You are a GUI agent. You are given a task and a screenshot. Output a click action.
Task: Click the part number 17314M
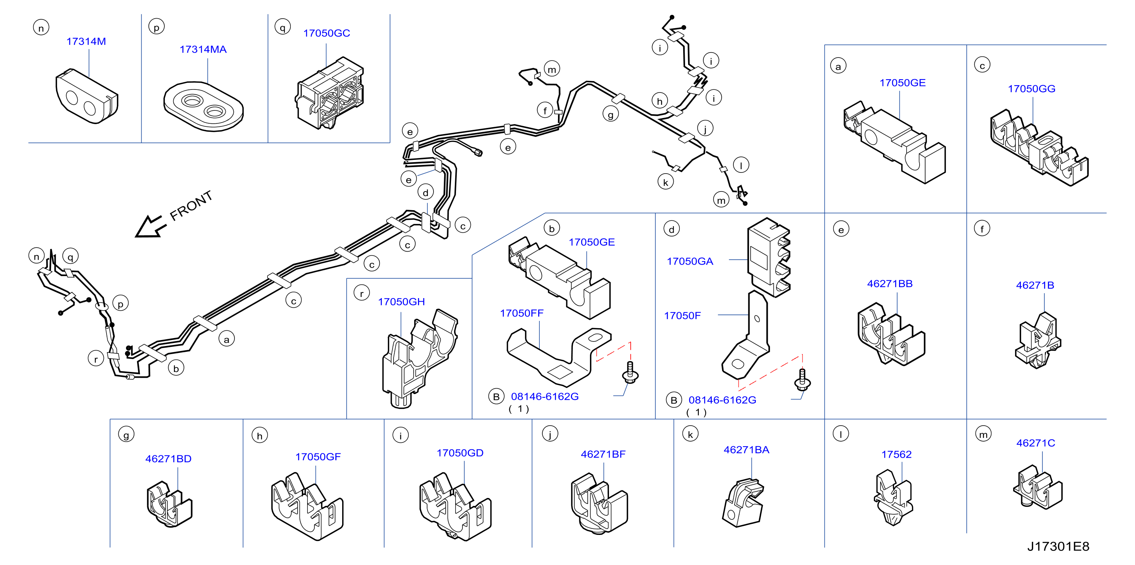[x=86, y=41]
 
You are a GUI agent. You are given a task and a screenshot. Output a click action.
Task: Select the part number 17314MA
[x=203, y=49]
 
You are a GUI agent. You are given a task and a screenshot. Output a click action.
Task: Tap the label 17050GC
[x=327, y=33]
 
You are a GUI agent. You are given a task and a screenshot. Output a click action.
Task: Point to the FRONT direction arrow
[x=151, y=227]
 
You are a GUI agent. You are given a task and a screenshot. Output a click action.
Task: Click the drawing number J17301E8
[x=1058, y=546]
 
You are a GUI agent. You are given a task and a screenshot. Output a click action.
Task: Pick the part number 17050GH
[x=402, y=302]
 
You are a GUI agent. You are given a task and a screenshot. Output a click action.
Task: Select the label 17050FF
[x=522, y=313]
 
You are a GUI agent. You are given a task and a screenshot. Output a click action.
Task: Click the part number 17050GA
[x=690, y=261]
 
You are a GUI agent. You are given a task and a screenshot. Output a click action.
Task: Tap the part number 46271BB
[x=890, y=284]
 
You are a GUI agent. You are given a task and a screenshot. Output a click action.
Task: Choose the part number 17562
[x=897, y=454]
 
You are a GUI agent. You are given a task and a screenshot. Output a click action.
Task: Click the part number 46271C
[x=1036, y=443]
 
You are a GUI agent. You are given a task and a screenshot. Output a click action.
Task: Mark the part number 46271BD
[x=168, y=459]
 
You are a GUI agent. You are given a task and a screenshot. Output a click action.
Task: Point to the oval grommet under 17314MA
[x=204, y=106]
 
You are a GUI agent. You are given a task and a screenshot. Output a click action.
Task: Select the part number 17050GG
[x=1032, y=89]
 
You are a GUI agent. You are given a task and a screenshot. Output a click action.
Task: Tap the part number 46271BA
[x=746, y=450]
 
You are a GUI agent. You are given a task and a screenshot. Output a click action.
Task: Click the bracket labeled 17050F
[x=746, y=335]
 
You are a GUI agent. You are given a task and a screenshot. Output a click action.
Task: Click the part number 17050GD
[x=460, y=453]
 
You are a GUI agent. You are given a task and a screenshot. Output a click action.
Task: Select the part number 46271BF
[x=603, y=454]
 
